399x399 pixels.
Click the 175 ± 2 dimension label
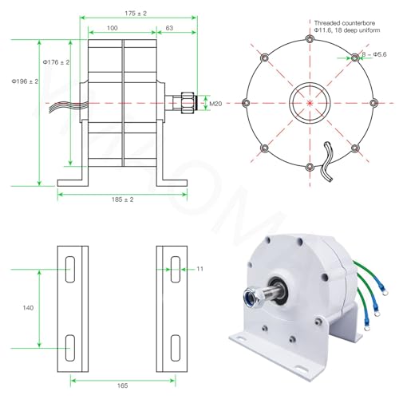136,14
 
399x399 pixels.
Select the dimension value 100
113,28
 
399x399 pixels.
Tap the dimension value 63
169,28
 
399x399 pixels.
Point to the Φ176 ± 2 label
56,62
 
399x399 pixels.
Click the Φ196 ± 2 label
25,81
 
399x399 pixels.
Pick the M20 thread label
215,104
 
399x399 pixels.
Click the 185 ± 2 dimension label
122,199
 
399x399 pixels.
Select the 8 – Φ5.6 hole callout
374,54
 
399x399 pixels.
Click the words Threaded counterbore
345,23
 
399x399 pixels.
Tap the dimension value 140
28,308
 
